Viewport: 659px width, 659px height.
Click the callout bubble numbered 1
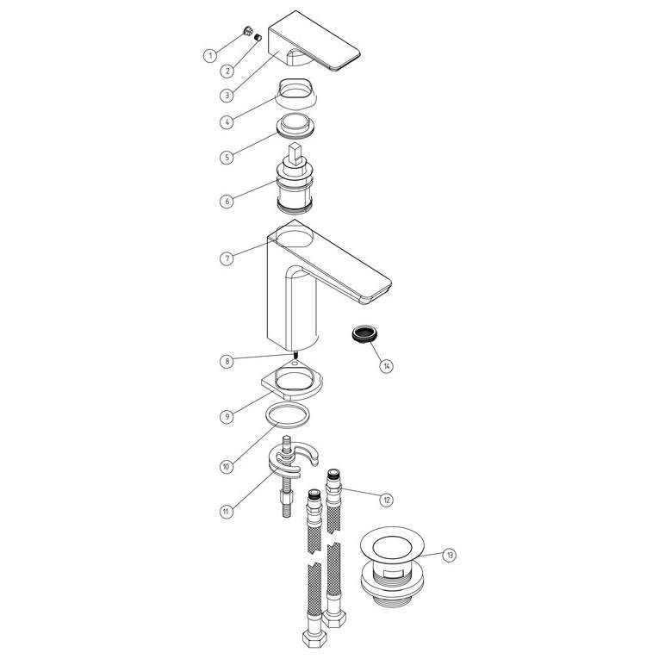[x=209, y=56]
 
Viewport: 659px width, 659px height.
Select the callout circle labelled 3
[x=226, y=95]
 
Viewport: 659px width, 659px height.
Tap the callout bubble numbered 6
[x=226, y=201]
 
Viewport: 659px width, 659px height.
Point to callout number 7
[x=226, y=258]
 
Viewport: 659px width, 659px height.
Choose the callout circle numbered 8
[x=226, y=362]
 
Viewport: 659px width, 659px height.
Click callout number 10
[x=226, y=466]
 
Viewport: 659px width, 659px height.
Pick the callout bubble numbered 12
[x=386, y=499]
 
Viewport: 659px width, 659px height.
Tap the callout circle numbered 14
[x=386, y=365]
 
